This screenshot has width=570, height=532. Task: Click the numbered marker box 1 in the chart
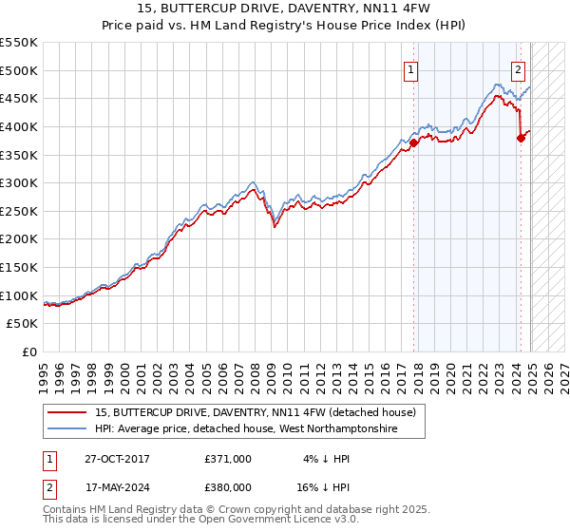pos(411,68)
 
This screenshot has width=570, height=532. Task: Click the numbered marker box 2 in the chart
pos(519,68)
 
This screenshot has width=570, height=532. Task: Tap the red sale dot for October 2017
pos(414,142)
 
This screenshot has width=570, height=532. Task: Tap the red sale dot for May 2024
pos(521,138)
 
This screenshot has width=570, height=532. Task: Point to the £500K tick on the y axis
pos(20,70)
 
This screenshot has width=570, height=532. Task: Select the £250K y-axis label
pos(20,211)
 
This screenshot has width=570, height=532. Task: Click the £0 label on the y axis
pos(30,351)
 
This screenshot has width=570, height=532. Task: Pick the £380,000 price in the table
pos(228,487)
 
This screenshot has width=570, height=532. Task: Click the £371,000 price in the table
pos(228,459)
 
